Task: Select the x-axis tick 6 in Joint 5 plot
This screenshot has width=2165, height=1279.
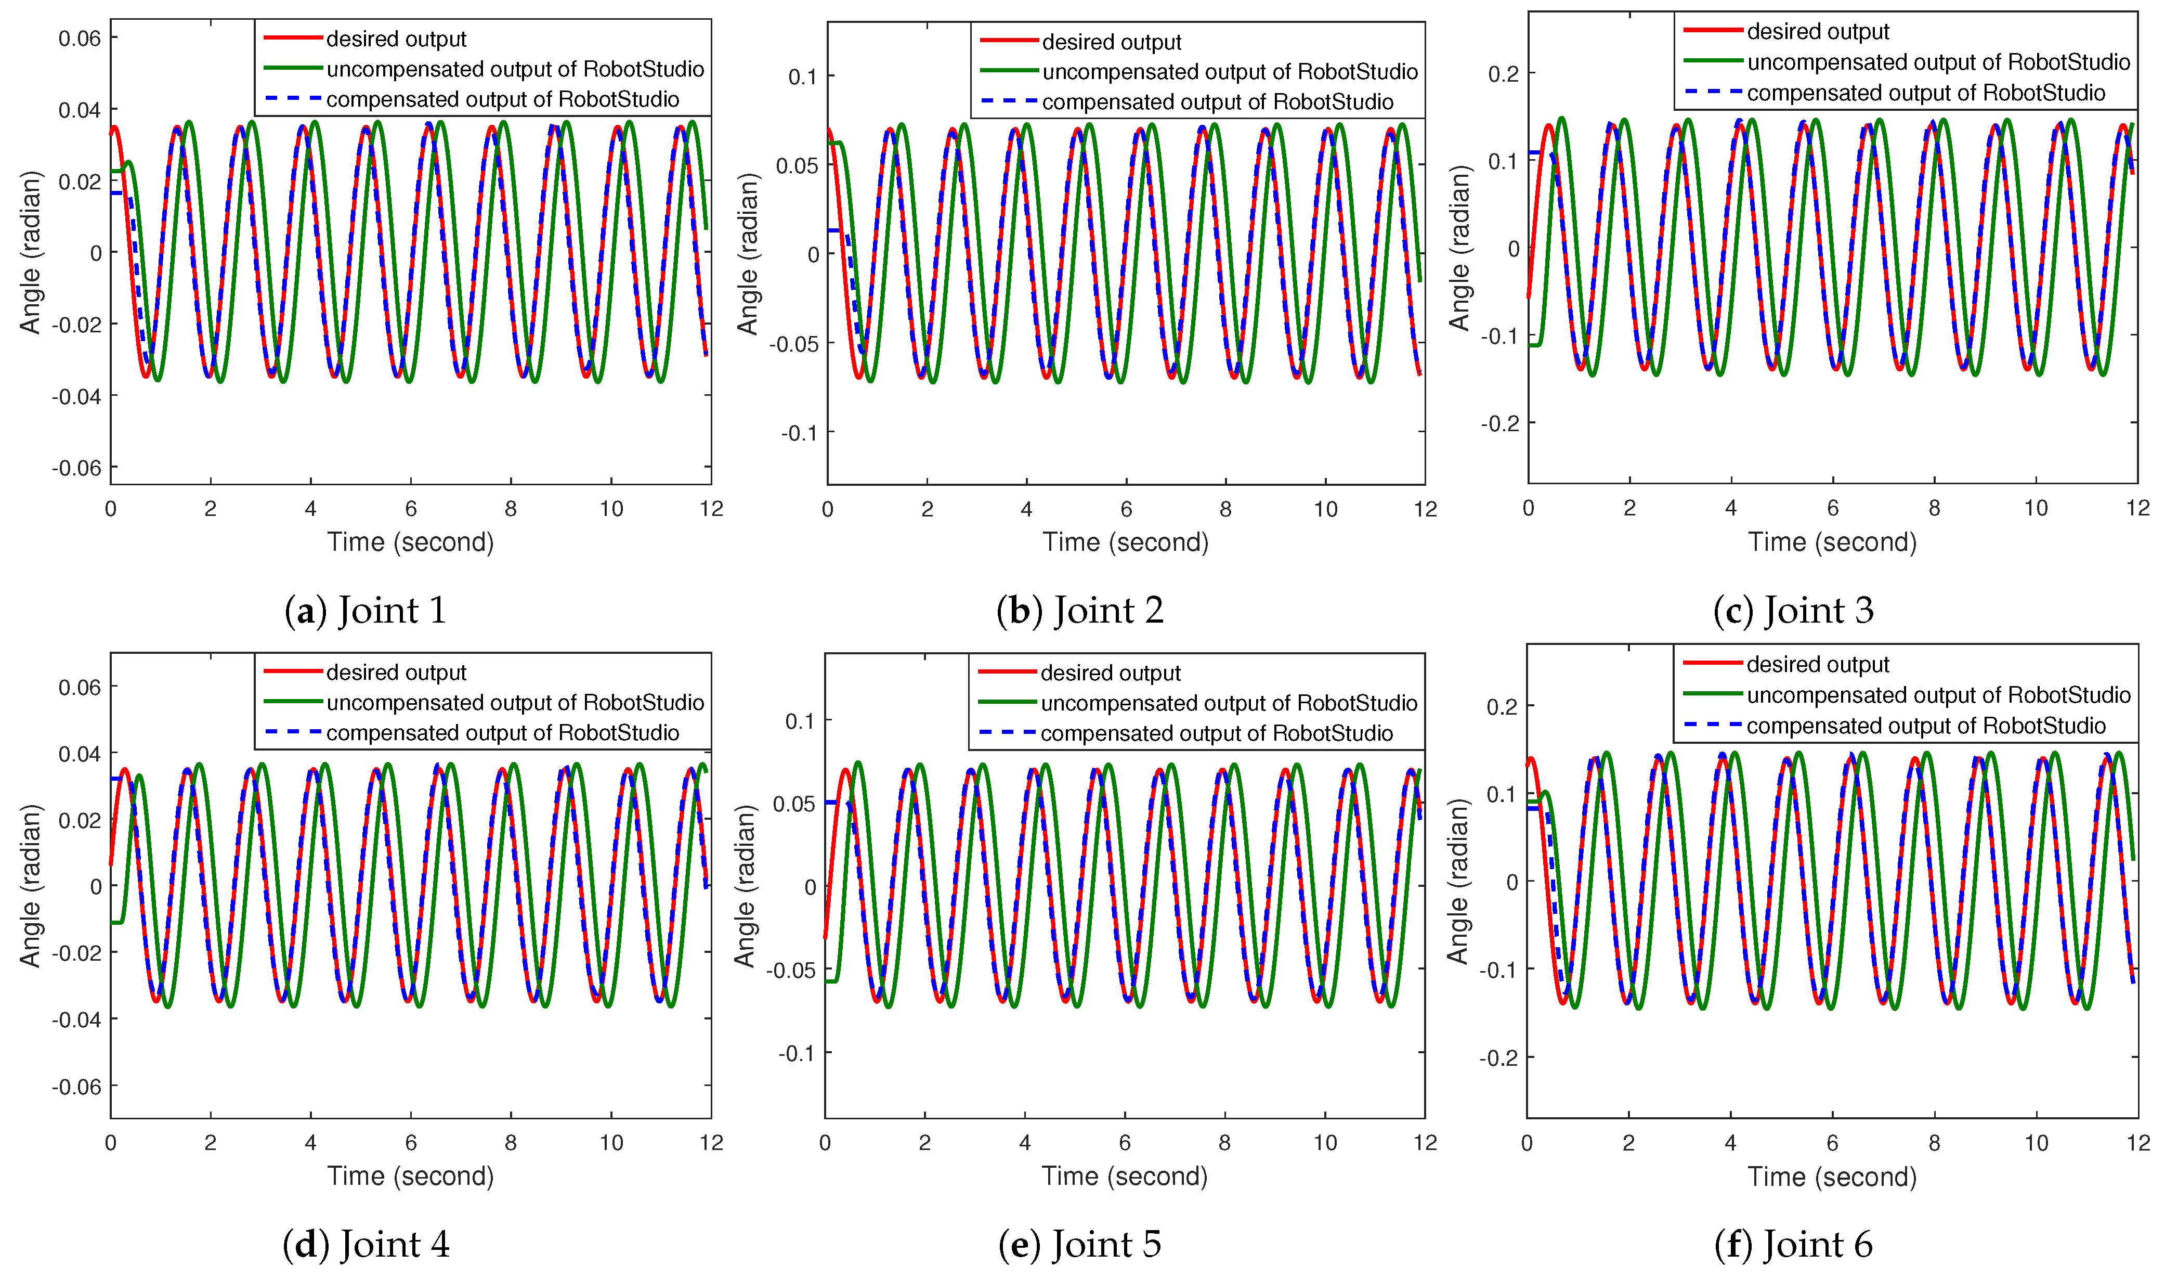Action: coord(1124,1143)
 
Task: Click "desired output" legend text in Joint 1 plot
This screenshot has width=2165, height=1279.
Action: coord(396,40)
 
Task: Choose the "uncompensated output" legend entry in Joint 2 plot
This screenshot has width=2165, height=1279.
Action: coord(1230,72)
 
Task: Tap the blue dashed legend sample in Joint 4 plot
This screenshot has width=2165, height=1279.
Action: coord(293,732)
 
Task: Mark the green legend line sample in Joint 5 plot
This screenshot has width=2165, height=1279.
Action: coord(1007,702)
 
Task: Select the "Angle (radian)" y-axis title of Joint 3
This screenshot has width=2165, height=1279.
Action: coord(1458,249)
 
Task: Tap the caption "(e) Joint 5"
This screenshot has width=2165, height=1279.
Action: coord(1079,1245)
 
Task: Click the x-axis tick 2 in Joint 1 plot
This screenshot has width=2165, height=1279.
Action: coord(210,509)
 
